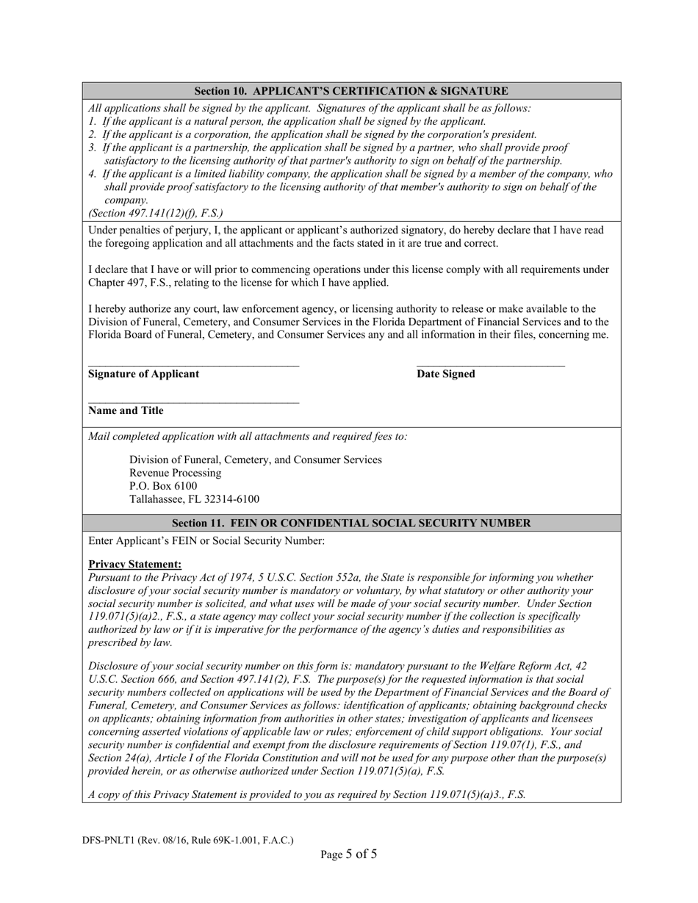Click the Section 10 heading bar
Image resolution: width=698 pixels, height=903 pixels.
pos(351,91)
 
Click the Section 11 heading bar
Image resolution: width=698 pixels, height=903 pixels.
pos(351,523)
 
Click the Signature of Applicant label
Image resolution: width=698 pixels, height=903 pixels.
pos(143,374)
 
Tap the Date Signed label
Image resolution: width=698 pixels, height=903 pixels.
pos(445,374)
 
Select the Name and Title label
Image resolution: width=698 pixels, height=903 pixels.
pos(126,411)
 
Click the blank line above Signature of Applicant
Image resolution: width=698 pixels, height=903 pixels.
pos(193,365)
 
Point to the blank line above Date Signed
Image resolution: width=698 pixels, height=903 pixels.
pos(490,365)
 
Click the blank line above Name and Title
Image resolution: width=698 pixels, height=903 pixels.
pos(193,402)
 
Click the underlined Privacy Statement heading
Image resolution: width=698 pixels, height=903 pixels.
pos(134,565)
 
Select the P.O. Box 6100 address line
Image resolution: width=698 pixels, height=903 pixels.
pos(163,486)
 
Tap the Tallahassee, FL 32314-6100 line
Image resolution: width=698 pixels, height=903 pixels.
pos(194,499)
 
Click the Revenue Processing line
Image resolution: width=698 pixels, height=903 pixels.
pos(175,473)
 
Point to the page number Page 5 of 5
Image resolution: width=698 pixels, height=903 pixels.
pos(349,854)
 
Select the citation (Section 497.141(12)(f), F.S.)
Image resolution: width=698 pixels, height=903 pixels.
pos(156,213)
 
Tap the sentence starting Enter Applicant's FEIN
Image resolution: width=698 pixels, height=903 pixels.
pos(206,541)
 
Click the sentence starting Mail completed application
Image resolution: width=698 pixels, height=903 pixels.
pos(248,436)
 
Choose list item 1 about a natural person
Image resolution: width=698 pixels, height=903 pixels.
pos(287,121)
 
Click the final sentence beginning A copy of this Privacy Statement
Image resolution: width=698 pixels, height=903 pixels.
pos(306,794)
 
